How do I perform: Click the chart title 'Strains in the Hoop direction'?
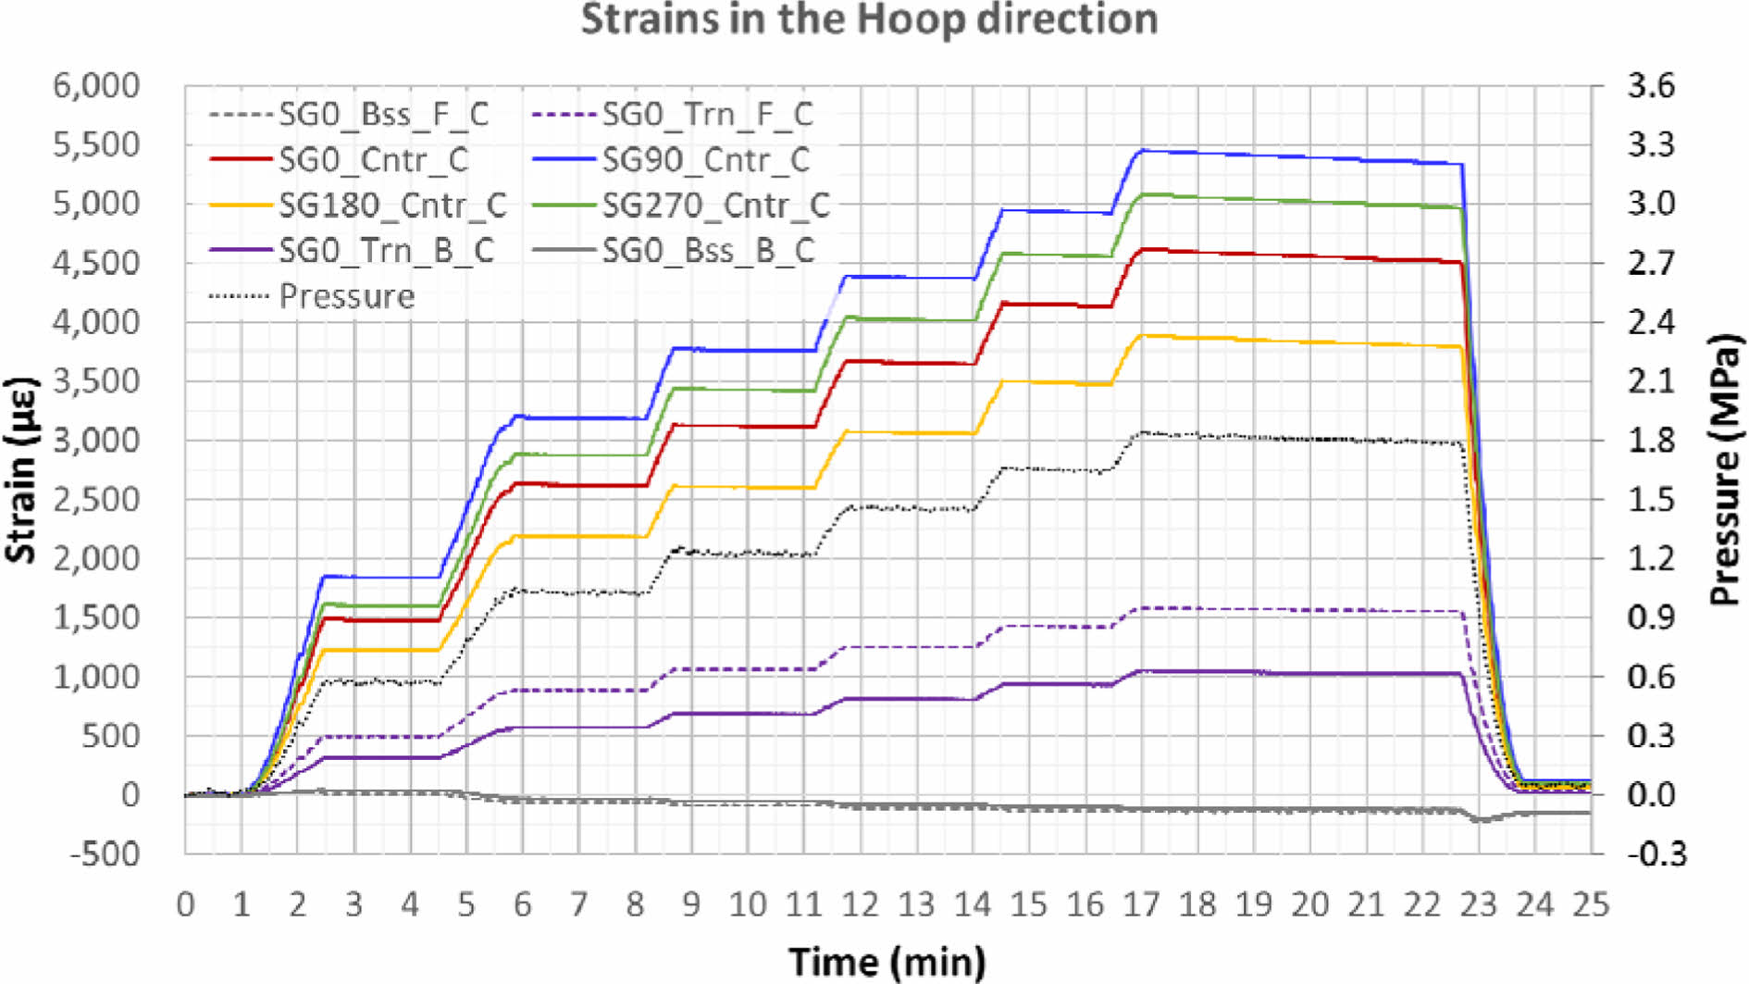[869, 19]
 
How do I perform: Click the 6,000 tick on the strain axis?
[96, 86]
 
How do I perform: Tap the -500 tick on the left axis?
[105, 853]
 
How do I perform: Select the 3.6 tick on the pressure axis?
[1651, 86]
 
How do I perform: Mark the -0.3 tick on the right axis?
[1656, 853]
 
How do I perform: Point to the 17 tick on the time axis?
[1141, 904]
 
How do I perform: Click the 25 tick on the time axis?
[1590, 904]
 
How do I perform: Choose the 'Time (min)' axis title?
[887, 961]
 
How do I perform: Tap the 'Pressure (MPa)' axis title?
[1725, 469]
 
